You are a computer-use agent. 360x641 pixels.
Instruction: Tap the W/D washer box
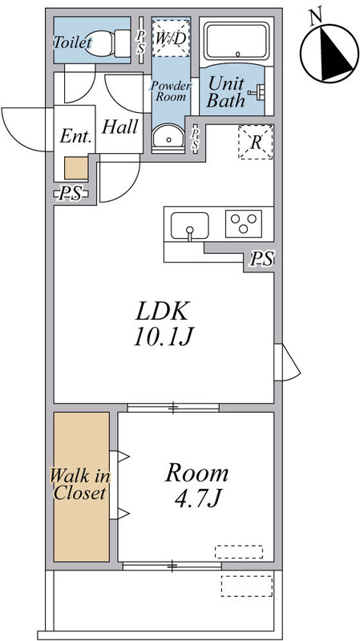point(171,38)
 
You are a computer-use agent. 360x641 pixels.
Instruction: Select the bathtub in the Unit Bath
point(237,41)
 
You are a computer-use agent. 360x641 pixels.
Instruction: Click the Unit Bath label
point(226,92)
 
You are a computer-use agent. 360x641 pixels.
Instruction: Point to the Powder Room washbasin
point(168,137)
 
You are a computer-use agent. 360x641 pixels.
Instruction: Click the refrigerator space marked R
point(256,142)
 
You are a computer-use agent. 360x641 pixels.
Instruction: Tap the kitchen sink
point(189,226)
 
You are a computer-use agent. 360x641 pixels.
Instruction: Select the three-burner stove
point(244,224)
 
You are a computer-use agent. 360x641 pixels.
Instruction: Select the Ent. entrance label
point(75,136)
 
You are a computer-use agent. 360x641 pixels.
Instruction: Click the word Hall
point(119,127)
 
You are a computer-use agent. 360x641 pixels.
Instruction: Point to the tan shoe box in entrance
point(76,168)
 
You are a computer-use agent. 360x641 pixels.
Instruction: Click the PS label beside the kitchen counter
point(262,259)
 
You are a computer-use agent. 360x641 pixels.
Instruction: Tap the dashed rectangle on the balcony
point(247,586)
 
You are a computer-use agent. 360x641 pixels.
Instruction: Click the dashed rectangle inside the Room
point(239,551)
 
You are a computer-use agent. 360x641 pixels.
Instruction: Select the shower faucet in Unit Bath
point(256,91)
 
